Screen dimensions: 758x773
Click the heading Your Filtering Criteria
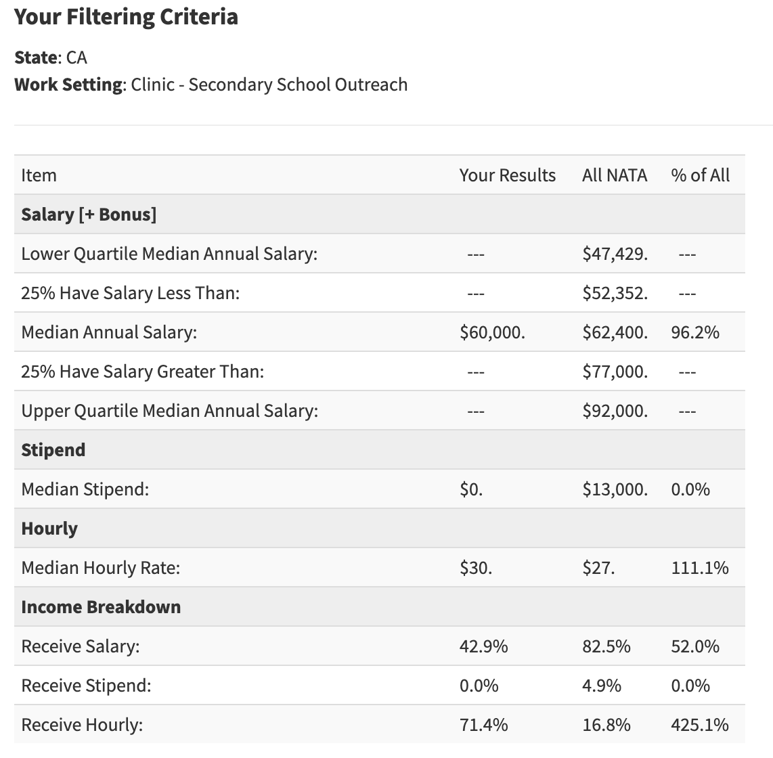coord(126,17)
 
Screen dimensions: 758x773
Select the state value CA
coord(76,58)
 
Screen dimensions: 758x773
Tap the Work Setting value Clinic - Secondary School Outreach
coord(269,85)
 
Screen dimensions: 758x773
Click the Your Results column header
coord(507,175)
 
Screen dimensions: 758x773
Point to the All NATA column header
coord(614,175)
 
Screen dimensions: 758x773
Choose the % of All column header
coord(700,175)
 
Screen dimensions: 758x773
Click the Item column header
coord(39,175)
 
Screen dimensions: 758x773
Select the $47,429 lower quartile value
coord(614,254)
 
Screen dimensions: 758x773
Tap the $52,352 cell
coord(614,293)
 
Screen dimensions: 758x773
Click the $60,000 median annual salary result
coord(491,332)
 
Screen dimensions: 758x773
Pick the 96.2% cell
coord(694,332)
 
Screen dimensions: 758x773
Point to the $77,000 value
coord(614,372)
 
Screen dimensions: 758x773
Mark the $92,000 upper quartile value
coord(614,411)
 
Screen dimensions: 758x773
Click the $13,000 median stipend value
coord(614,489)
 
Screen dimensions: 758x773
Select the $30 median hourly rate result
coord(475,568)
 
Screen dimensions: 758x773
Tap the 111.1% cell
coord(699,568)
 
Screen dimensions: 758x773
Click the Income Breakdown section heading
coord(101,607)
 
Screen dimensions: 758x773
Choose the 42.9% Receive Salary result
coord(483,646)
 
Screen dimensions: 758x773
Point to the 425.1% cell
coord(699,725)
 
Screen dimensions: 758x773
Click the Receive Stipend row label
coord(86,686)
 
